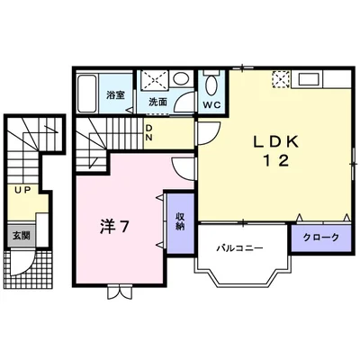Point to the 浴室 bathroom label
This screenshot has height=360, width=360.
pos(113,94)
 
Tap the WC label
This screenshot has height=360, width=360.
pos(211,104)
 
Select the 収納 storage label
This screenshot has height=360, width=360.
pos(179,220)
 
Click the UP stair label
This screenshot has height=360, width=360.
pos(20,191)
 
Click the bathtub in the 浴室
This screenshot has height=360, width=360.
pos(87,94)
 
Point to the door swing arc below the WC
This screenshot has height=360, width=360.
pos(206,130)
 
